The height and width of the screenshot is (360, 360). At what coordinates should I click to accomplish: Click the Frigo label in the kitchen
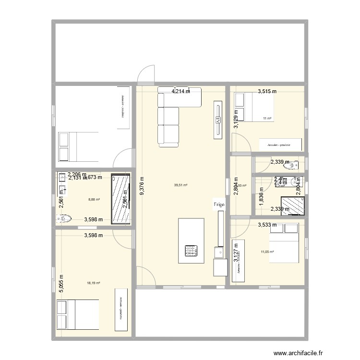(218, 204)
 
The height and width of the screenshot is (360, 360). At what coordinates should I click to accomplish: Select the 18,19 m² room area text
(94, 283)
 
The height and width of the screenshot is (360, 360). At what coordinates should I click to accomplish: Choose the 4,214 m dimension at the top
(180, 91)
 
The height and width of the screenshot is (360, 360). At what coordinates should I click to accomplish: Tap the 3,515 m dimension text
(267, 91)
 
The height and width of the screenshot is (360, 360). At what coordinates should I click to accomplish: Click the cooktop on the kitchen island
(192, 250)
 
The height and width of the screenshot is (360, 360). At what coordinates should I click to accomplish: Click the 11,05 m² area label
(267, 252)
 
